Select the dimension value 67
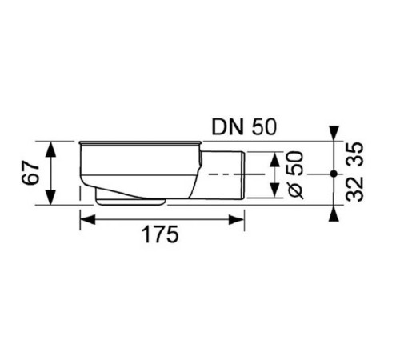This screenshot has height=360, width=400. [30, 173]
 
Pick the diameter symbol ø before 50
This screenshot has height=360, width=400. [294, 190]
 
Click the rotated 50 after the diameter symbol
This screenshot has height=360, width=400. [294, 164]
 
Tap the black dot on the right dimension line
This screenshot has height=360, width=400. [332, 173]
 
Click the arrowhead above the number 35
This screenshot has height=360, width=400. [332, 131]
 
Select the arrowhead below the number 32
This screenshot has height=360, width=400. [332, 213]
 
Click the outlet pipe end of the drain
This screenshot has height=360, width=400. [242, 174]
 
